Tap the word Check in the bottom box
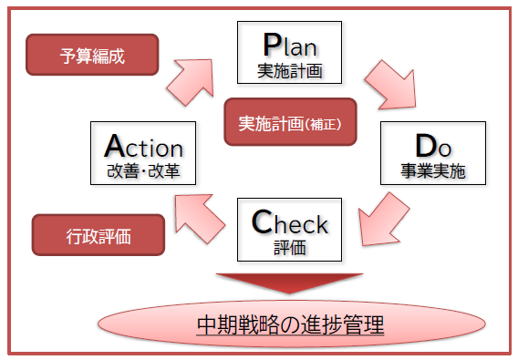coord(289,221)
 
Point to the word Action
coord(144,147)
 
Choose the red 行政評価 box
coord(98,235)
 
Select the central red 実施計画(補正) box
coord(289,123)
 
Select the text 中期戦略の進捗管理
coord(289,324)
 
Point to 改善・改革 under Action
coord(144,170)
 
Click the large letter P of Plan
coord(271,44)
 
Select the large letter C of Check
coord(262,221)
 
